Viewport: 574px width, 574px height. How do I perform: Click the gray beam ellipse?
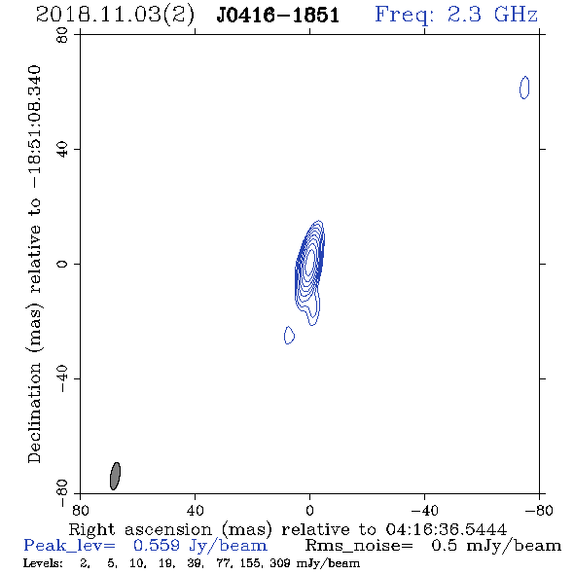click(x=116, y=476)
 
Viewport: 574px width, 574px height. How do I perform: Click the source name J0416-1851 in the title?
click(x=278, y=16)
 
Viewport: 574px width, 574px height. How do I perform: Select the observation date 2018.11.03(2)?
click(x=115, y=16)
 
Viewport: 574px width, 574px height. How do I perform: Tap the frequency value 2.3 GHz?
click(x=492, y=15)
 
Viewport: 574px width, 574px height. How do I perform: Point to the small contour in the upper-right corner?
click(x=524, y=88)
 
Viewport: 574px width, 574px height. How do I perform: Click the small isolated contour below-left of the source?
click(x=289, y=335)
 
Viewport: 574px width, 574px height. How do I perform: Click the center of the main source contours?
click(x=310, y=261)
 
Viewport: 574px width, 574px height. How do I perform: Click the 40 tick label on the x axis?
click(x=195, y=510)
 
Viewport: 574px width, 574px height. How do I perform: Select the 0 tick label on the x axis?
click(x=309, y=510)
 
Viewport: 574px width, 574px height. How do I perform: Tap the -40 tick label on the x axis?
click(x=424, y=510)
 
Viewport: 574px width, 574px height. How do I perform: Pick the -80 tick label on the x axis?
click(x=539, y=510)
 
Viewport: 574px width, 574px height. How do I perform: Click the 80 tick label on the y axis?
click(x=62, y=35)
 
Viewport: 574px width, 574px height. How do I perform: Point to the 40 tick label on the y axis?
click(x=62, y=150)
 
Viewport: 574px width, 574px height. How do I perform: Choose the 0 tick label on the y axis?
click(x=62, y=264)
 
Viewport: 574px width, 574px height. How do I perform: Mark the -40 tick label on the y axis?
click(x=62, y=378)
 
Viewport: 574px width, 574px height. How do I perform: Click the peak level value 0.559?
click(x=157, y=546)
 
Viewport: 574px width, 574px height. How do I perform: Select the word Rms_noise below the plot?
click(x=359, y=546)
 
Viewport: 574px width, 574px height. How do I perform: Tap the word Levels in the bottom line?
click(x=43, y=563)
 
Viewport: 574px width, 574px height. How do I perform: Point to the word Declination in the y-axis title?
click(x=34, y=413)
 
